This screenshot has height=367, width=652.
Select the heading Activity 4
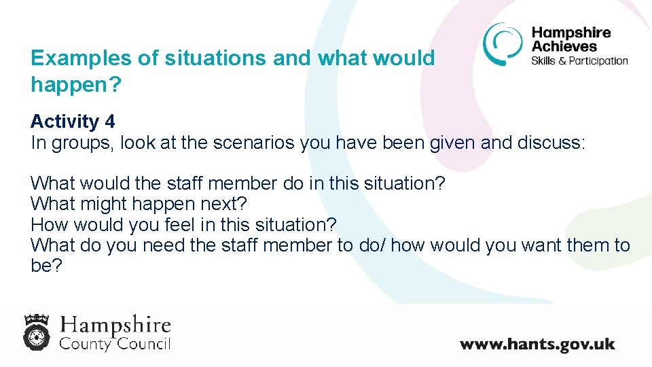coord(73,122)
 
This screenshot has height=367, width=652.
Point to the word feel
coord(195,224)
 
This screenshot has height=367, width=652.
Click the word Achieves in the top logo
coord(564,46)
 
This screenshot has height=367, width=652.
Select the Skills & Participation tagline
coord(579,60)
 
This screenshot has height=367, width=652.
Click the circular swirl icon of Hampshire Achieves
coord(503,43)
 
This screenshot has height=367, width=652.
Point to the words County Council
coord(115,343)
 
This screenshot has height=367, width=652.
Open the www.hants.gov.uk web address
coord(537,343)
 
